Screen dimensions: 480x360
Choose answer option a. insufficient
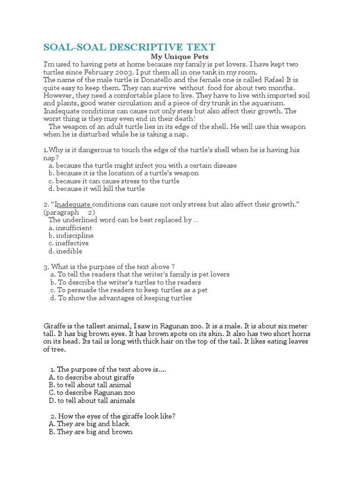70,228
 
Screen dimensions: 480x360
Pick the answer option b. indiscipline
71,235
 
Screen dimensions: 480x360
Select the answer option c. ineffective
68,243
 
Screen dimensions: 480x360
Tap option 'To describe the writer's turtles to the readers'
125,282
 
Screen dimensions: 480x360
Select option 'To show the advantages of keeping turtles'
120,298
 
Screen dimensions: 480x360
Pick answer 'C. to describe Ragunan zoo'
92,393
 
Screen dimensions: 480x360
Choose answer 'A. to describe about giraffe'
91,377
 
